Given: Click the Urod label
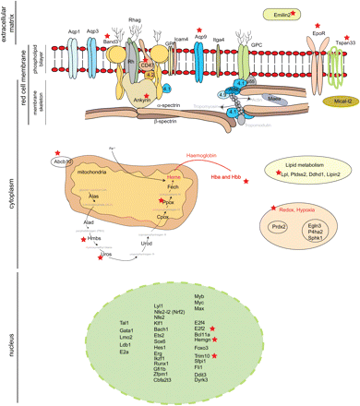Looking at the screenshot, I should click(x=173, y=244).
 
